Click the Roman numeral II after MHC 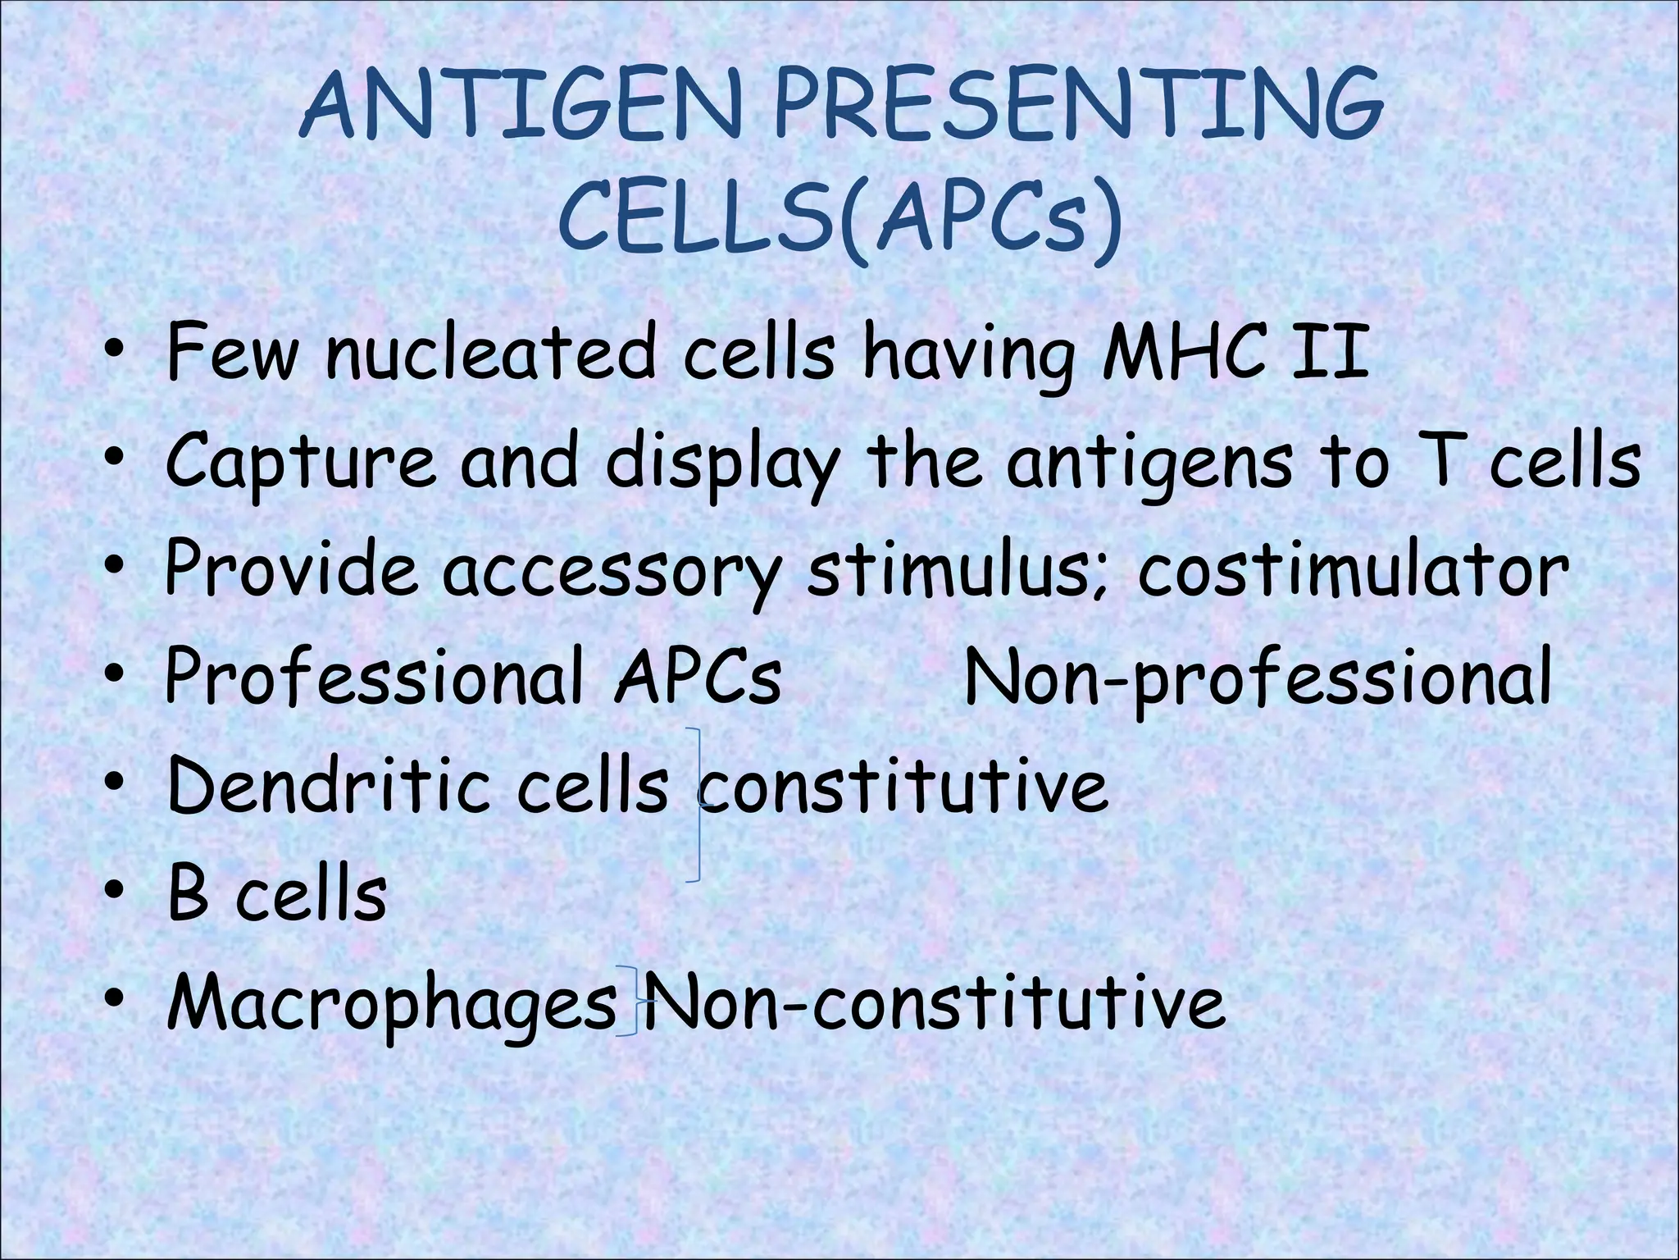click(1330, 353)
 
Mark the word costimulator click(1353, 570)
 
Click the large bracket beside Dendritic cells click(697, 804)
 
